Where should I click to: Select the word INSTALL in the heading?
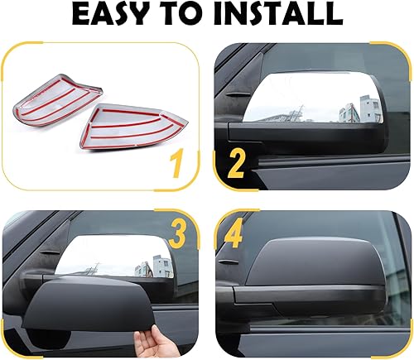(287, 17)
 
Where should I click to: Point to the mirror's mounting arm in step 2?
(248, 130)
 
